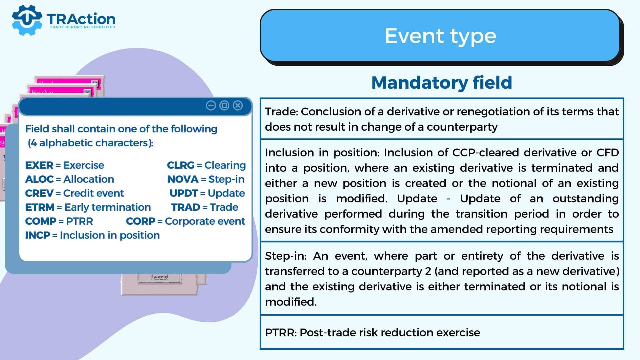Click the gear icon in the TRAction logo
click(27, 20)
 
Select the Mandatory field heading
click(442, 82)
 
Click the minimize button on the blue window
click(211, 106)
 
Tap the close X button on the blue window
click(238, 106)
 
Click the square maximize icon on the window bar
click(224, 106)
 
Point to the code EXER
click(39, 165)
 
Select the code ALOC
click(39, 179)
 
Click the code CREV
click(39, 193)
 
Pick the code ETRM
click(40, 207)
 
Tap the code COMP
click(41, 221)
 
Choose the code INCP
click(37, 235)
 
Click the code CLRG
click(181, 165)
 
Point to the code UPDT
click(184, 193)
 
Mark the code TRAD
click(186, 207)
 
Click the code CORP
click(141, 221)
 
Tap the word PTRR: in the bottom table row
click(281, 332)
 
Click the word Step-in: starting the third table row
click(286, 256)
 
